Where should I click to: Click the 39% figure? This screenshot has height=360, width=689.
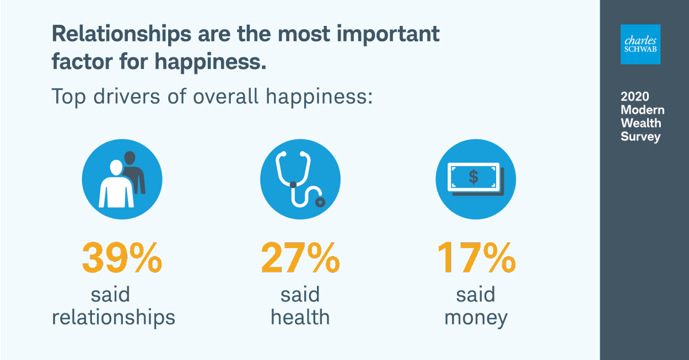122,258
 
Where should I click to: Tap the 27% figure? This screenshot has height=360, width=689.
300,258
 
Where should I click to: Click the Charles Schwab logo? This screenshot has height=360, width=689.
641,44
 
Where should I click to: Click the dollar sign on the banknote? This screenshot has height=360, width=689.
473,176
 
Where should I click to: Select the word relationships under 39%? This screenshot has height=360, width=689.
113,318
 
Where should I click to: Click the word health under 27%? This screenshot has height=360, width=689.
300,318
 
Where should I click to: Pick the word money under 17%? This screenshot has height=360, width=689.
475,318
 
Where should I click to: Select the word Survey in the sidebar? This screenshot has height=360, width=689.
640,137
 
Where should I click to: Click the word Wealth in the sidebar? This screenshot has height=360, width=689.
641,123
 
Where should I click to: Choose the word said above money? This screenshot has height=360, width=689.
475,295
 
